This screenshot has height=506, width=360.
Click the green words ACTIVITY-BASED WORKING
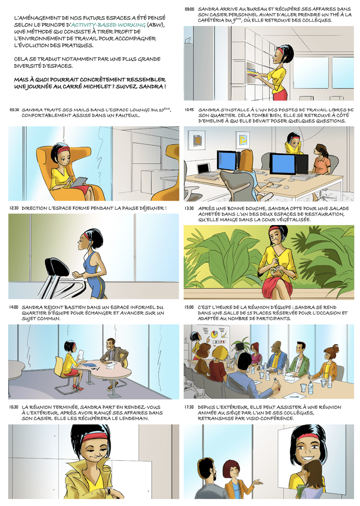coord(108,25)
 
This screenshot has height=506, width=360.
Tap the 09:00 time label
coord(189,10)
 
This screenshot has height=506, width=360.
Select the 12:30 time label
coord(14,208)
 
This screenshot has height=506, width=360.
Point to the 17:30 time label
coord(189,407)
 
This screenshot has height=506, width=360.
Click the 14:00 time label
coord(14,307)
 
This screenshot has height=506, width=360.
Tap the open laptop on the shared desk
coord(204,169)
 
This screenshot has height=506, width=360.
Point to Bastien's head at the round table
coord(111,344)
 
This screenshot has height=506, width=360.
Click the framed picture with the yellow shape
coord(242,140)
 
